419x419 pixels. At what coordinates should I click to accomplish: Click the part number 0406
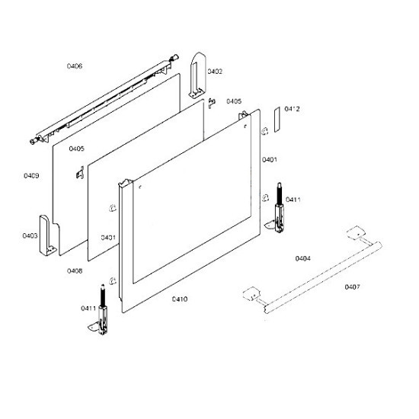click(x=75, y=66)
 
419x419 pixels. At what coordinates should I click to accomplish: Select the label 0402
click(x=215, y=72)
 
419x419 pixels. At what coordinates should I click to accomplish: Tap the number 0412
click(x=292, y=109)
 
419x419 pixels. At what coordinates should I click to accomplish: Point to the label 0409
click(x=31, y=175)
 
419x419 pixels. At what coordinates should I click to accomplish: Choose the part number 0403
click(x=30, y=235)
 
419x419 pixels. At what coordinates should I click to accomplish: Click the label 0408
click(x=75, y=271)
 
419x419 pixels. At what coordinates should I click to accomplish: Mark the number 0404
click(x=302, y=258)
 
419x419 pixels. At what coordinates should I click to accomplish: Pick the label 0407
click(x=352, y=287)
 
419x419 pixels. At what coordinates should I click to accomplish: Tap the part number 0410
click(x=180, y=299)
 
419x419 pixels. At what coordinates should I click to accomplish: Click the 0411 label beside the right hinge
click(x=293, y=200)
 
